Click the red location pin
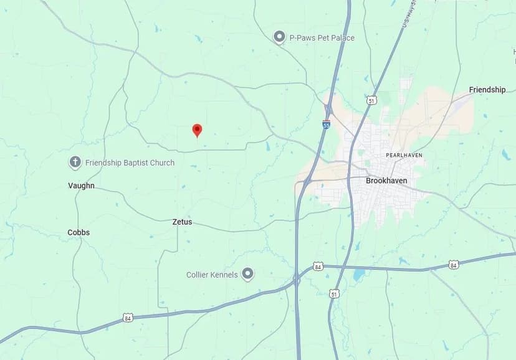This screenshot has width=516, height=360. click(x=197, y=130)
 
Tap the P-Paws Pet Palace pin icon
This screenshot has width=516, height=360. click(x=279, y=37)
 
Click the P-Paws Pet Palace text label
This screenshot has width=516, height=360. click(x=322, y=38)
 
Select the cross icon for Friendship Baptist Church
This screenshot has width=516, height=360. click(x=75, y=163)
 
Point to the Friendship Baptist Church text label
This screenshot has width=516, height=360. click(x=130, y=163)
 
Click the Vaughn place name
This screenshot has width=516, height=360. click(x=81, y=186)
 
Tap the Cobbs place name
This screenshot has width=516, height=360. click(x=79, y=232)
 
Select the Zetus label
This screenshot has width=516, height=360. click(x=182, y=222)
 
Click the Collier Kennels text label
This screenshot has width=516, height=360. click(x=212, y=275)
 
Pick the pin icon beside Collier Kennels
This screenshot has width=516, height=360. click(x=248, y=274)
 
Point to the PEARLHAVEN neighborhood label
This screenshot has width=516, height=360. click(x=404, y=155)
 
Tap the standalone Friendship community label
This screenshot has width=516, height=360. click(x=487, y=90)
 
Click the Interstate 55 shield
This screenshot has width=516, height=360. click(x=327, y=125)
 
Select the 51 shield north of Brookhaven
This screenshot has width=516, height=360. click(x=372, y=100)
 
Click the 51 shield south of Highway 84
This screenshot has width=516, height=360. click(x=335, y=293)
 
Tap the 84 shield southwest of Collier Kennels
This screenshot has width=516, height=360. click(x=128, y=317)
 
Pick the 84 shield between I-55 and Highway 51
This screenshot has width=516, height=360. click(x=318, y=266)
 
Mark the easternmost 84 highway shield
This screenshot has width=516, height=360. click(x=453, y=265)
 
